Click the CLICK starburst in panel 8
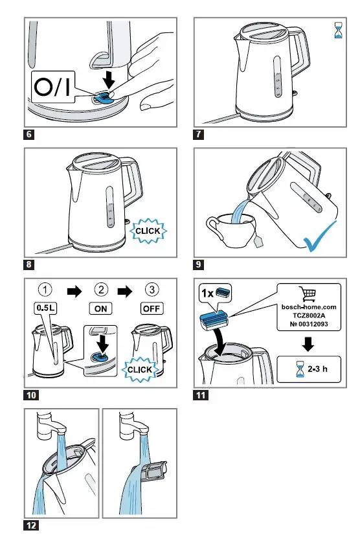point(148,230)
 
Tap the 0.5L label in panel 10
point(42,309)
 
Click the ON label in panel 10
point(101,309)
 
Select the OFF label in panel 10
point(151,309)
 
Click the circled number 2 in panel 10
point(101,289)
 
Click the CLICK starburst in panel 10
point(140,369)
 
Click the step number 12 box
point(31,525)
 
